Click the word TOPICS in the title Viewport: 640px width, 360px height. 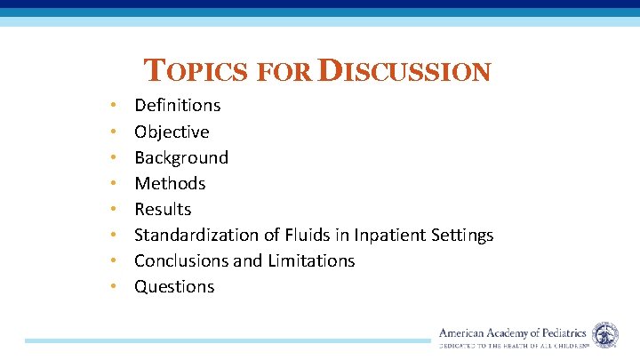(x=196, y=71)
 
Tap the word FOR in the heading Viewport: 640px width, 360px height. (x=283, y=72)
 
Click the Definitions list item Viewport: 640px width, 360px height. (x=177, y=106)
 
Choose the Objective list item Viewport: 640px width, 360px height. (x=172, y=132)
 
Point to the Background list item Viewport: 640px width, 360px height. (x=180, y=157)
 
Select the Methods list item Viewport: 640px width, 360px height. (x=170, y=183)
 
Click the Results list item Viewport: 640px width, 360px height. (x=163, y=209)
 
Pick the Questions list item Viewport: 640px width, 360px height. (x=174, y=286)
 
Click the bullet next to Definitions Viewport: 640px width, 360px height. (x=113, y=106)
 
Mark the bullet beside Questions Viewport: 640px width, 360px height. (x=113, y=286)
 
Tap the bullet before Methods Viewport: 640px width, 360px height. (x=113, y=183)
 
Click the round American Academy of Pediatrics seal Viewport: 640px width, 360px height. (x=605, y=334)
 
